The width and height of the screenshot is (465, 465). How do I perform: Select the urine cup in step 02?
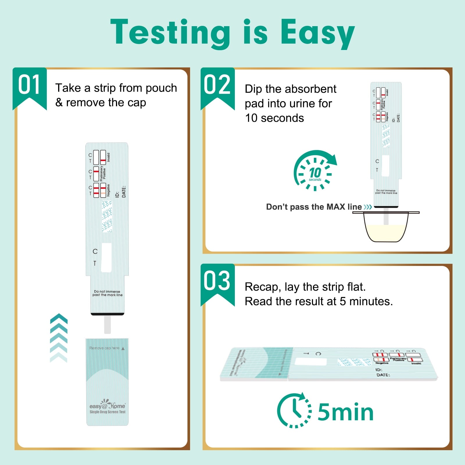tap(386, 227)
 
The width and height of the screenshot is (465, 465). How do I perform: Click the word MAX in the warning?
tap(336, 207)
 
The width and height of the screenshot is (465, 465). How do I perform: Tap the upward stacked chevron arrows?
tap(59, 338)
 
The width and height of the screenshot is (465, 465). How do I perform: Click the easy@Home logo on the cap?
tap(107, 406)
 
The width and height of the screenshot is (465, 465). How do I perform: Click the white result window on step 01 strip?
tap(106, 257)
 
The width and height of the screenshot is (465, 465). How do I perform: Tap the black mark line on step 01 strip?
tap(107, 314)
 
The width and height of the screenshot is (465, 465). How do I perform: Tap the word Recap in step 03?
tap(262, 287)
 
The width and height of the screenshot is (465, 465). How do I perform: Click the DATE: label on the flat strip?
tap(383, 375)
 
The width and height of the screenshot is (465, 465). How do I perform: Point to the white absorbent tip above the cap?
tap(107, 325)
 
